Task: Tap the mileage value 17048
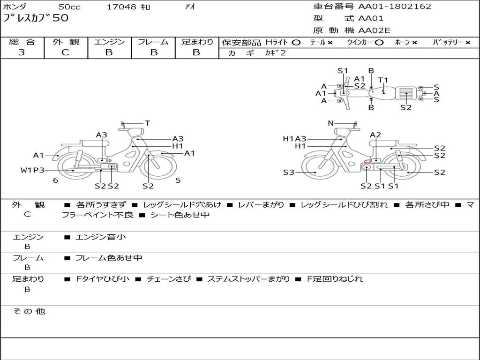pos(122,7)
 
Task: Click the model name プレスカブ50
pos(36,18)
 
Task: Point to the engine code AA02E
pos(374,31)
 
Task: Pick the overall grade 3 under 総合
pos(22,52)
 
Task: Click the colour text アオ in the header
pos(190,7)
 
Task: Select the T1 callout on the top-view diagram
pos(383,80)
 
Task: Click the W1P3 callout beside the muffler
pos(32,170)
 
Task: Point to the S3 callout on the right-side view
pos(289,172)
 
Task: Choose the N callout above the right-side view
pos(330,123)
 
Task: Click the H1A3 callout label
pos(294,139)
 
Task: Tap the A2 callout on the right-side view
pos(375,135)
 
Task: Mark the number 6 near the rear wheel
pos(55,180)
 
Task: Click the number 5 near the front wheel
pos(178,180)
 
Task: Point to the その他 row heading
pos(29,311)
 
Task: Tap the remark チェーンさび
pos(169,279)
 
